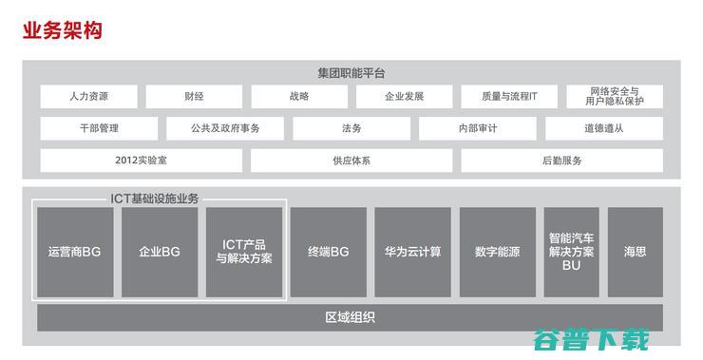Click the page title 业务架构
(62, 31)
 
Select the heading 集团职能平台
(351, 73)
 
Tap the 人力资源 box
(88, 97)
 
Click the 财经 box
(194, 97)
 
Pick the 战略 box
(298, 97)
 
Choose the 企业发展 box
(404, 97)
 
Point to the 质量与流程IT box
(509, 97)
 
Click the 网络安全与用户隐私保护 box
(614, 97)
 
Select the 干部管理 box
(99, 128)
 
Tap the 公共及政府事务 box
(225, 128)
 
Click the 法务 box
(351, 128)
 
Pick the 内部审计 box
(477, 128)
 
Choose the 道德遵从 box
(603, 128)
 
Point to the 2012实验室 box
(141, 161)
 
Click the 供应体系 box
(351, 161)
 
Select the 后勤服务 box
(561, 161)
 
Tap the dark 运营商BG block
(74, 252)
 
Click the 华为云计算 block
(412, 252)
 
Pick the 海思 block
(635, 252)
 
